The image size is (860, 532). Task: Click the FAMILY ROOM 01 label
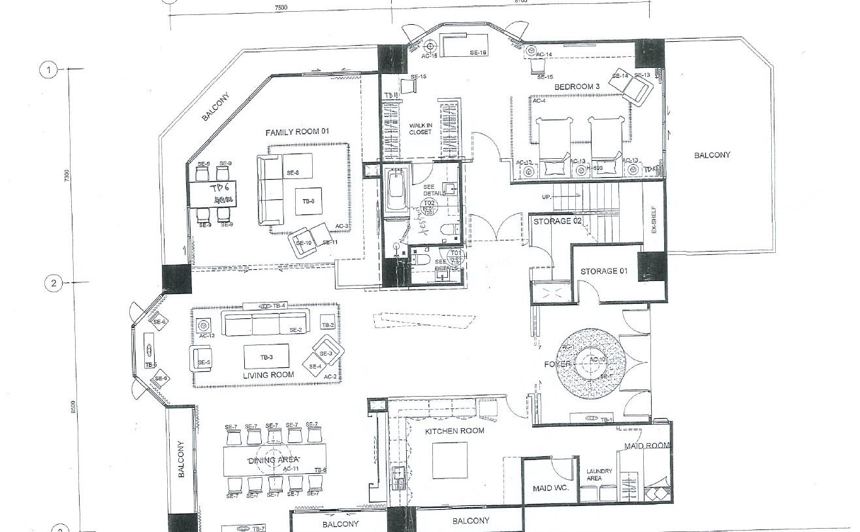pos(296,132)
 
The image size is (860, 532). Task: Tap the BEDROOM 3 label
pos(577,87)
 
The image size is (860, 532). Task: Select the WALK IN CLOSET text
pos(421,128)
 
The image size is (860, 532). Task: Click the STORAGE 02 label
pos(557,222)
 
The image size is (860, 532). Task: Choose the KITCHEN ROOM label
pos(454,431)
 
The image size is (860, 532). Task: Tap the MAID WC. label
pos(547,488)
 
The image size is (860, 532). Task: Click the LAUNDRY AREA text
pos(598,474)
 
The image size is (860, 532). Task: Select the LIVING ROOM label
pos(268,375)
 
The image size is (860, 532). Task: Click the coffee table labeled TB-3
pos(266,357)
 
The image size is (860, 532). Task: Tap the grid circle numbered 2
pos(53,283)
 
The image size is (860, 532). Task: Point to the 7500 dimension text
pos(280,8)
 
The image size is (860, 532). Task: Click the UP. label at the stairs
pos(547,197)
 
